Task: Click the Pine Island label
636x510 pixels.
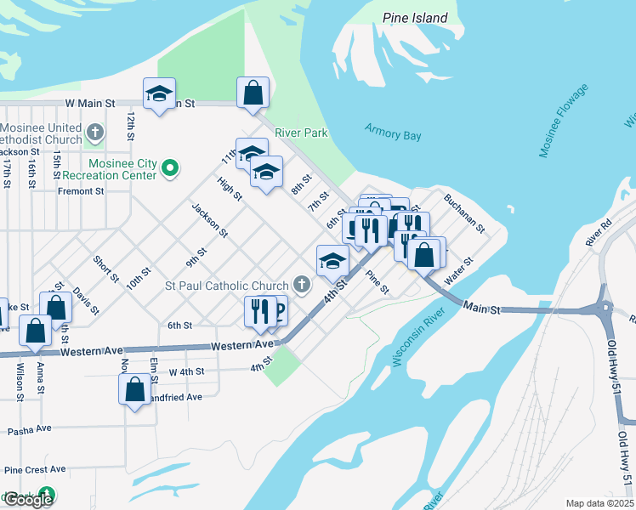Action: point(415,18)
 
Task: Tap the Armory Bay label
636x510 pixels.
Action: point(393,132)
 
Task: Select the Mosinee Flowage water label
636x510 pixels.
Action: point(563,120)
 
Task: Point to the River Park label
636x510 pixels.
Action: point(301,133)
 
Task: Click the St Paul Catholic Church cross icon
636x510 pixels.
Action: point(300,284)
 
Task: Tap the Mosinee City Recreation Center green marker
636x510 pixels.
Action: point(170,168)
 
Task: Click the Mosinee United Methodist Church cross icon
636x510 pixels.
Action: point(95,133)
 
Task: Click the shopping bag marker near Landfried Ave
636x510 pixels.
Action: point(135,390)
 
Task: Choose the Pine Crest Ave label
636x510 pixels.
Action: point(35,469)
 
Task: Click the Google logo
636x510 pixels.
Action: point(28,499)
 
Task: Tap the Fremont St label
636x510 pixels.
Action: point(81,191)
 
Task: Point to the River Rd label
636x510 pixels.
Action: point(599,235)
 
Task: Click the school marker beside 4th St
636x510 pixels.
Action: point(332,260)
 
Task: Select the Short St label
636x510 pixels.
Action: point(106,270)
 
